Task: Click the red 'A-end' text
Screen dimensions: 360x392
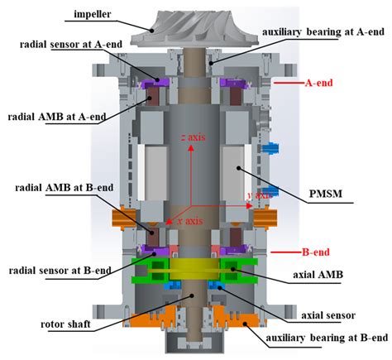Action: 322,84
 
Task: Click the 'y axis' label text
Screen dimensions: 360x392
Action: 260,195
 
